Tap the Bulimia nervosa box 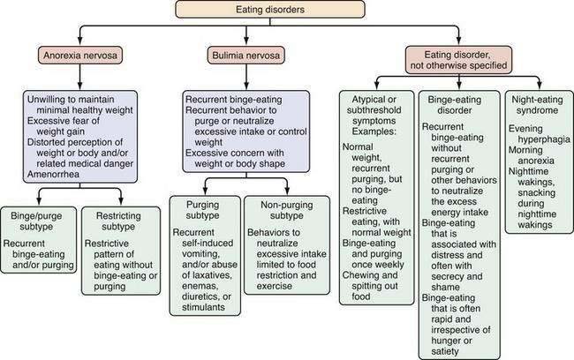click(242, 54)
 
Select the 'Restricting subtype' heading click(122, 220)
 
